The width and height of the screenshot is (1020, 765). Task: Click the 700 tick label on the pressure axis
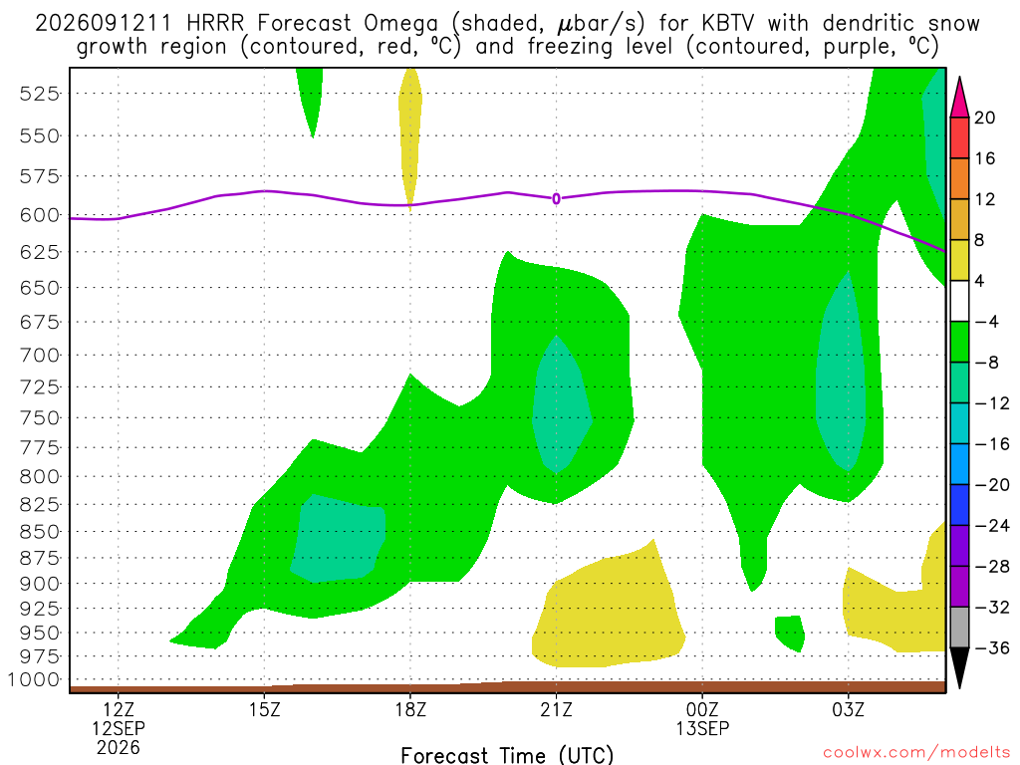click(40, 356)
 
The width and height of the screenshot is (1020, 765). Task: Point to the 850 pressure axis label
click(40, 532)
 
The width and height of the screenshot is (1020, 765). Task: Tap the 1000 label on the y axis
click(34, 679)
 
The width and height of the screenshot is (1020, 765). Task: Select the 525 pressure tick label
click(40, 94)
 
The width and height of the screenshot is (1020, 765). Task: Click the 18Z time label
click(410, 709)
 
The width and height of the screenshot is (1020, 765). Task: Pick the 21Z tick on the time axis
click(556, 709)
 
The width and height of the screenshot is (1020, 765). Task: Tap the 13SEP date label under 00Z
click(702, 728)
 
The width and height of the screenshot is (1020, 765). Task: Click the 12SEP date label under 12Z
click(119, 728)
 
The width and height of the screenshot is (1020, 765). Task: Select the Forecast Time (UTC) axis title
click(507, 755)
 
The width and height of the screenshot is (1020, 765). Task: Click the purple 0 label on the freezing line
click(556, 199)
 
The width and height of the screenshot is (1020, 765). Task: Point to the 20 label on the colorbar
click(985, 118)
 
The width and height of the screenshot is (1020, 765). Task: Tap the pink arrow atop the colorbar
click(959, 97)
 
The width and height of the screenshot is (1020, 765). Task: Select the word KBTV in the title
click(728, 24)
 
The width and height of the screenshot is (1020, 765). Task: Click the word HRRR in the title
click(215, 24)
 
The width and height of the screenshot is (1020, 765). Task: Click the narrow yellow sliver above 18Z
click(409, 137)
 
